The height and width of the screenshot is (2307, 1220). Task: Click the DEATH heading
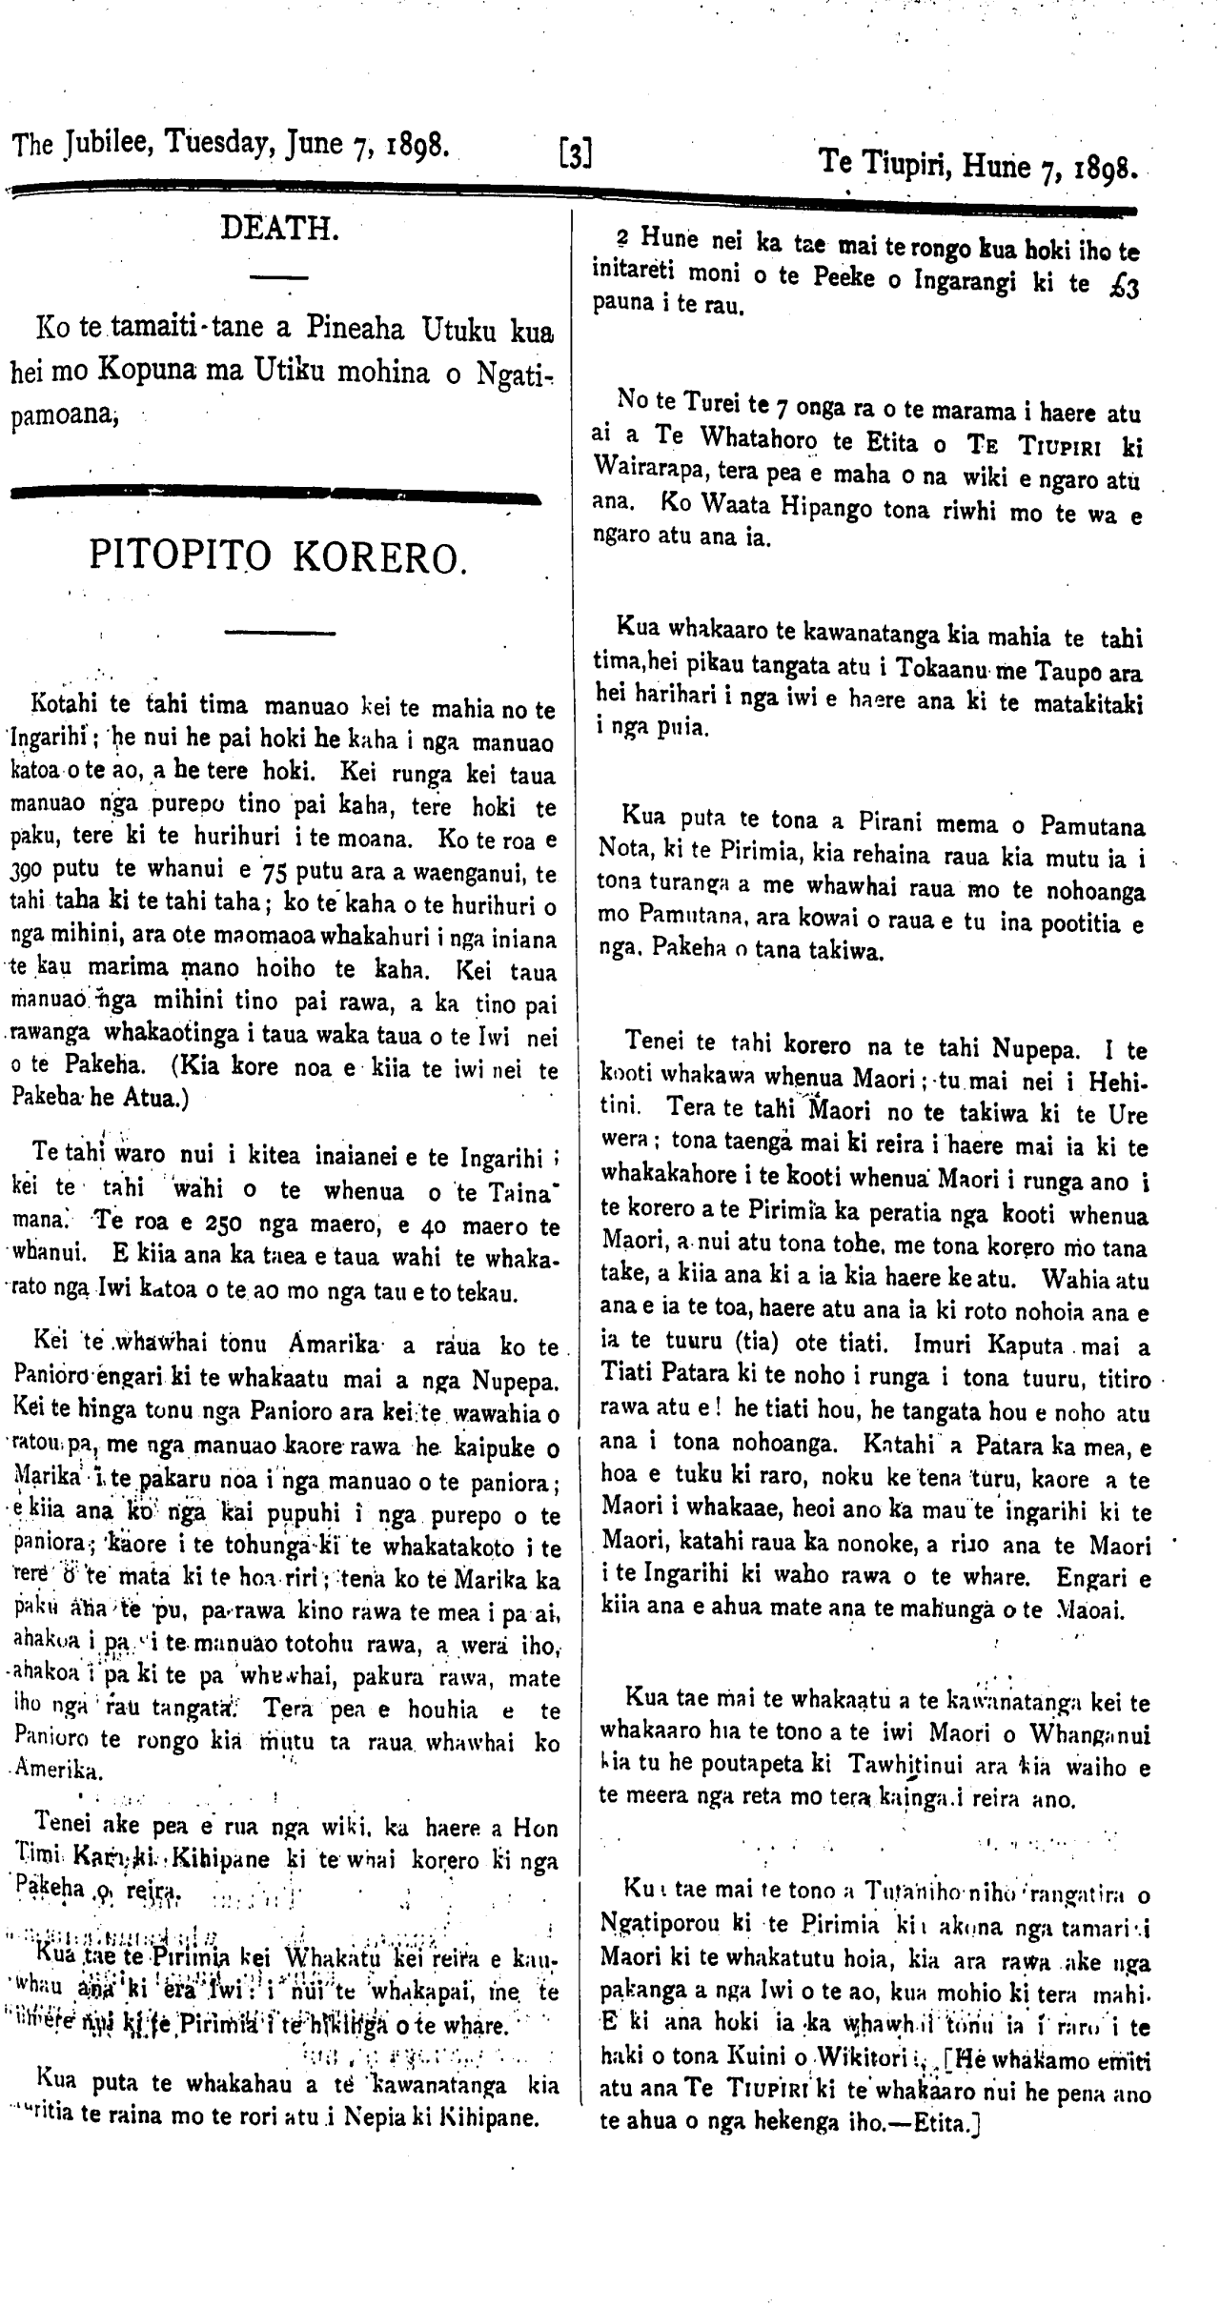pyautogui.click(x=277, y=229)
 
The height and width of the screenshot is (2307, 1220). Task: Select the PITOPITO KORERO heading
pyautogui.click(x=277, y=555)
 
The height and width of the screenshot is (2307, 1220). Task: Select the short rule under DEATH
pyautogui.click(x=277, y=276)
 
